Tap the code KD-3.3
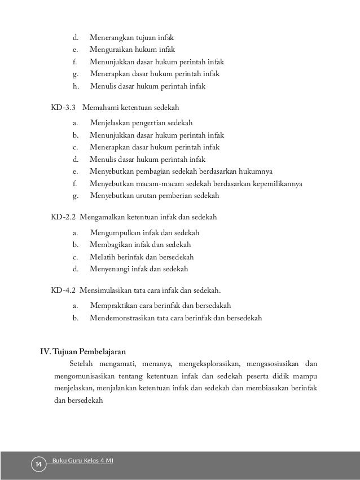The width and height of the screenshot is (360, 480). click(x=63, y=108)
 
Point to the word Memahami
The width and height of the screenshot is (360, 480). click(x=100, y=108)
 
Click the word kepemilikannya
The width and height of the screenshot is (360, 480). click(x=276, y=184)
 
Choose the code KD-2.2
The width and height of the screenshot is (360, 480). click(x=63, y=217)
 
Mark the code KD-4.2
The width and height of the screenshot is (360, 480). click(x=63, y=290)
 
